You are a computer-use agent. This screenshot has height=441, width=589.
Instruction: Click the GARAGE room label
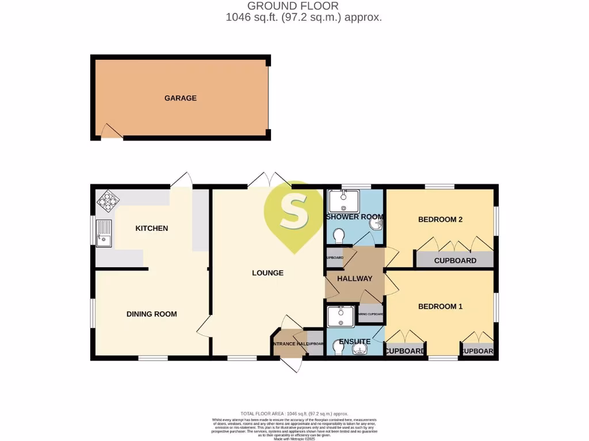pyautogui.click(x=180, y=98)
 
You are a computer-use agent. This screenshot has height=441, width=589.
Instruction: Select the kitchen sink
pyautogui.click(x=104, y=233)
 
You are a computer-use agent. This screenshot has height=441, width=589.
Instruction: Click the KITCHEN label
pyautogui.click(x=151, y=229)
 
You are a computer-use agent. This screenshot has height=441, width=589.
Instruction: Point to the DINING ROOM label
pyautogui.click(x=151, y=314)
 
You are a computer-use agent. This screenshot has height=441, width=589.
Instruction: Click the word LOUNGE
pyautogui.click(x=267, y=273)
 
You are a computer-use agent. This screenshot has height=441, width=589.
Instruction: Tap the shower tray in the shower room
pyautogui.click(x=343, y=201)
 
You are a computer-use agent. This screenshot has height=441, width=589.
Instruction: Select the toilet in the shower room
pyautogui.click(x=339, y=235)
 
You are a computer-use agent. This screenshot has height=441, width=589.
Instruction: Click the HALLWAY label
pyautogui.click(x=354, y=278)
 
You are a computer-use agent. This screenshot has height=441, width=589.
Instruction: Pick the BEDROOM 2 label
pyautogui.click(x=440, y=219)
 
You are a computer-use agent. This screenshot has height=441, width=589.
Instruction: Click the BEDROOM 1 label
pyautogui.click(x=440, y=307)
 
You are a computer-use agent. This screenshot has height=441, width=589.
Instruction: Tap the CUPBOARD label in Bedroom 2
pyautogui.click(x=455, y=260)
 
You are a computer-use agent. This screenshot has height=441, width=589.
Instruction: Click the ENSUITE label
pyautogui.click(x=354, y=342)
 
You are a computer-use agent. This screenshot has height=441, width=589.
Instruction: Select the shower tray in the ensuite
pyautogui.click(x=341, y=316)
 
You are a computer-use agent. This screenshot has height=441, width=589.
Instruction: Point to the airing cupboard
pyautogui.click(x=371, y=314)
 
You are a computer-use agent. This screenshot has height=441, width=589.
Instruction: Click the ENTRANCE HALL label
pyautogui.click(x=287, y=344)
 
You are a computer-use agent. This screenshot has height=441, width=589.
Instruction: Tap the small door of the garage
pyautogui.click(x=112, y=133)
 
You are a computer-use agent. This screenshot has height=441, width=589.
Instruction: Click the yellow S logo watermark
pyautogui.click(x=294, y=212)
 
